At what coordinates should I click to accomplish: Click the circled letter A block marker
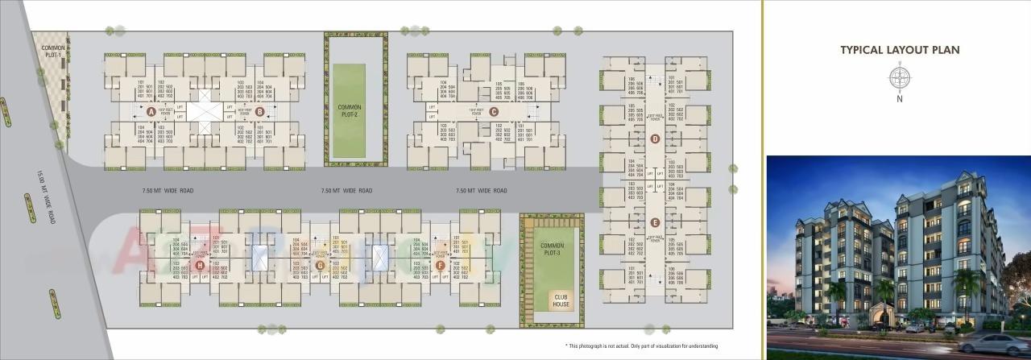point(151,112)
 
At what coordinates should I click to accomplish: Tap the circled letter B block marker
point(259,112)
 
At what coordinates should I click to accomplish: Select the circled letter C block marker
point(493,112)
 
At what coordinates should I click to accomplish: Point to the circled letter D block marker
point(655,139)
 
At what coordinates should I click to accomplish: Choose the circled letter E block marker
point(655,222)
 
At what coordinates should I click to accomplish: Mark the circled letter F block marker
point(440,264)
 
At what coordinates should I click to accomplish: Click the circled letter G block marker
point(320,264)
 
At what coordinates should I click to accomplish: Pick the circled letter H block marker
point(199,264)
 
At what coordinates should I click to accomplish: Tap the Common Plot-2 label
point(350,110)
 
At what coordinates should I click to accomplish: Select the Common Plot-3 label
point(552,249)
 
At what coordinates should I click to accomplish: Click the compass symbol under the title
point(899,78)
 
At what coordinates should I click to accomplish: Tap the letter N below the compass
point(899,99)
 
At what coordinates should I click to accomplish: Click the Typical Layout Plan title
point(900,50)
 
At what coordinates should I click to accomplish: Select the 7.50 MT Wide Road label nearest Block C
point(482,191)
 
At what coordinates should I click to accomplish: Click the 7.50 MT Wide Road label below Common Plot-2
point(346,191)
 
